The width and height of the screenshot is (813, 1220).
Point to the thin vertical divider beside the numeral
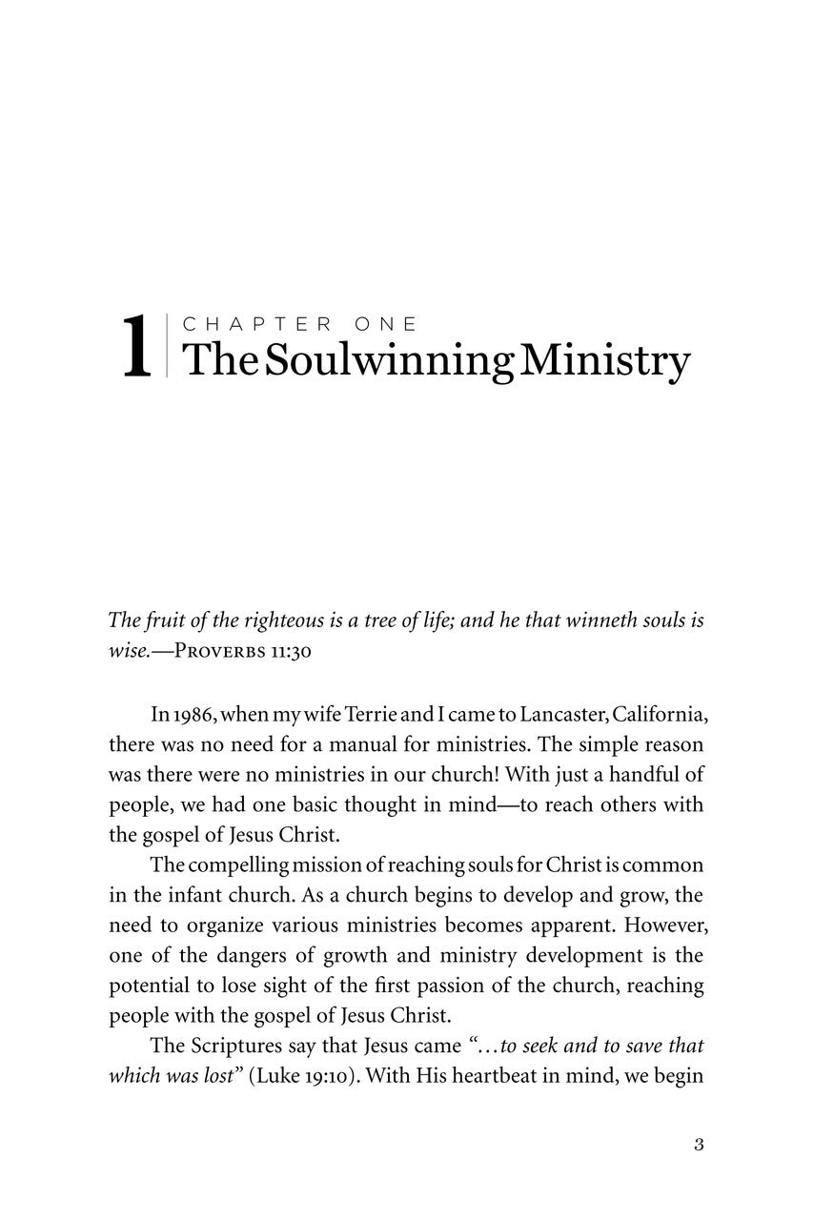(x=166, y=345)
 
